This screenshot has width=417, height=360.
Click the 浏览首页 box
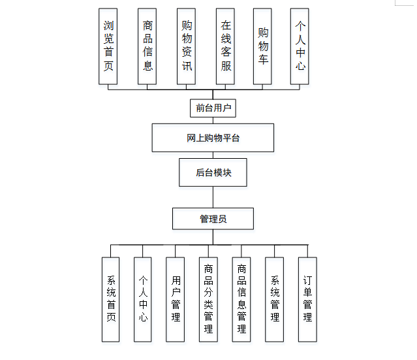tap(108, 46)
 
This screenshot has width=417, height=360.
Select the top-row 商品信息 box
tap(147, 46)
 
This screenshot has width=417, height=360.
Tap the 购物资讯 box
tap(187, 46)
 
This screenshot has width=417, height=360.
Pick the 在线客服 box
tap(226, 46)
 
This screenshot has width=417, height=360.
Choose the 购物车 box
tap(262, 46)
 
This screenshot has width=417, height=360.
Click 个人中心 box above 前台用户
tap(300, 46)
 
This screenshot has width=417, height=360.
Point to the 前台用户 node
tap(213, 108)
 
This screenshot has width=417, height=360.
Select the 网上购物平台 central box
tap(213, 138)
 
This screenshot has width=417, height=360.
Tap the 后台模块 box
tap(213, 172)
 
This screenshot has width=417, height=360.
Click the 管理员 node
tap(213, 219)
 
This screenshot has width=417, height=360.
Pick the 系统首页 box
tap(111, 299)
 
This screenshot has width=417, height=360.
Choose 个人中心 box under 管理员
tap(143, 299)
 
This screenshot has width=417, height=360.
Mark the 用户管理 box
tap(176, 299)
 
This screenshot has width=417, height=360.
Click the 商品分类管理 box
tap(208, 299)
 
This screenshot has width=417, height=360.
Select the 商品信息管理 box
tap(241, 299)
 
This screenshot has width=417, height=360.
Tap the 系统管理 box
tap(275, 299)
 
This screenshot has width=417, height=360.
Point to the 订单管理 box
tap(307, 299)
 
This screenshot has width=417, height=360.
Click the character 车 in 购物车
tap(262, 61)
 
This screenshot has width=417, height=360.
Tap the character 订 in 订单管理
tap(307, 279)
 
